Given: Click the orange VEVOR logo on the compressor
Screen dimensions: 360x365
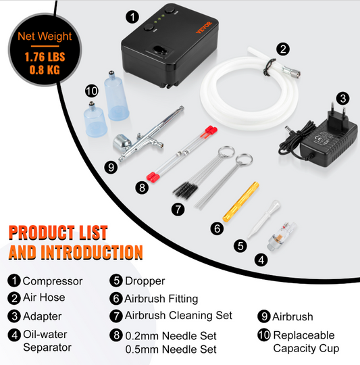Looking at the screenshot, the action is [x=204, y=27].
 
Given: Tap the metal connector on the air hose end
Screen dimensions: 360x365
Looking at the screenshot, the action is [x=292, y=71].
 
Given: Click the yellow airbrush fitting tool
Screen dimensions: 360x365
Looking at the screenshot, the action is [x=241, y=201].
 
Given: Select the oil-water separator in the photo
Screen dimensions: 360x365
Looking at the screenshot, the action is [x=282, y=236].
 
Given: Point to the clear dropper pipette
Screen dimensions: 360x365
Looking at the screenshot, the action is [x=264, y=219].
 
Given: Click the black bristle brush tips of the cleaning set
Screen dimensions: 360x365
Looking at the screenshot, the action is [x=185, y=189].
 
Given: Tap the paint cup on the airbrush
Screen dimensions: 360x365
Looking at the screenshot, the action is [x=122, y=142].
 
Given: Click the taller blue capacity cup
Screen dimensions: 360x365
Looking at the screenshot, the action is [x=116, y=96].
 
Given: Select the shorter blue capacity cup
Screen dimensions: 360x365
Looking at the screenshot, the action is [x=95, y=120].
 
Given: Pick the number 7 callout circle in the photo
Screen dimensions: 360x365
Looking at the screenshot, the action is [x=178, y=210].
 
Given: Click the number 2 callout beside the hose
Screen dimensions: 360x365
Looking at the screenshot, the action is [x=283, y=49].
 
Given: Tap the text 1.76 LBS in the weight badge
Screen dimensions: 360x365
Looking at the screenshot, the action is [x=45, y=57].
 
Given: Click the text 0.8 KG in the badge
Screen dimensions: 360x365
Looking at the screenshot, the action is [x=45, y=70].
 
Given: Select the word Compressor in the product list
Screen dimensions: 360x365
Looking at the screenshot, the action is [x=53, y=281].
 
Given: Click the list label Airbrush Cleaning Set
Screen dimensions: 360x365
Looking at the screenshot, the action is [x=178, y=316].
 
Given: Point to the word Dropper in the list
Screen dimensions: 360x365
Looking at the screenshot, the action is [x=145, y=281].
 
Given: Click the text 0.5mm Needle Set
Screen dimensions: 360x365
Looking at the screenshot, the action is [x=171, y=349].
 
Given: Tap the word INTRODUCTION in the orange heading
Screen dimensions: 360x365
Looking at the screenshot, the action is [x=92, y=252].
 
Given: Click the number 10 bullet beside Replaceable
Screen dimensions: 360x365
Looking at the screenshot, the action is [x=264, y=335].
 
